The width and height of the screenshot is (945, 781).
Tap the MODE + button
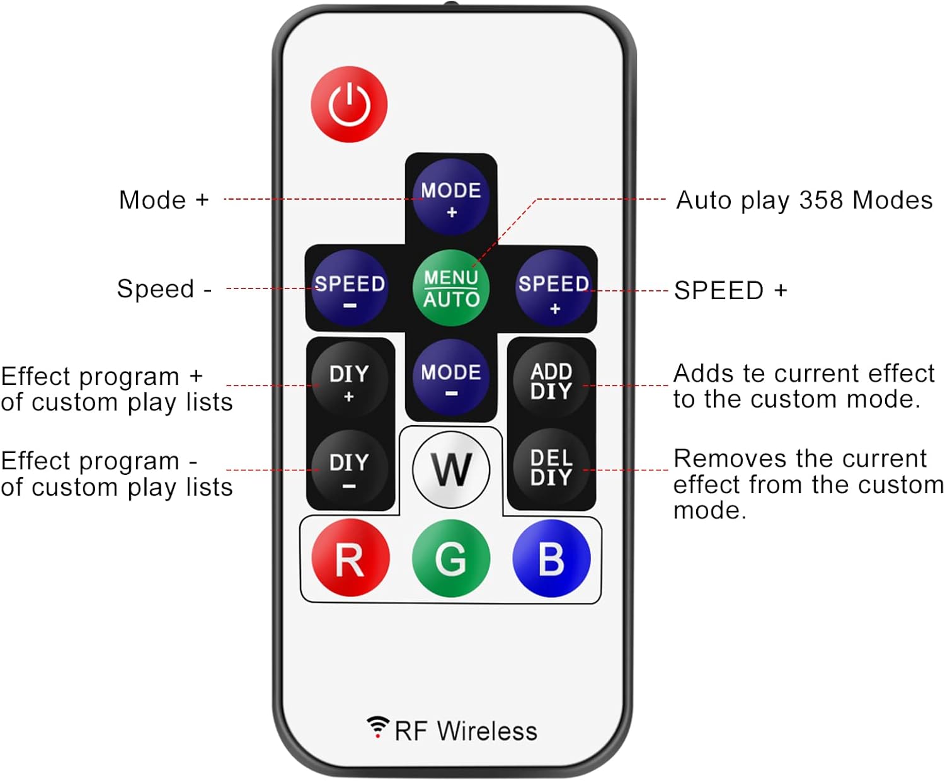click(451, 197)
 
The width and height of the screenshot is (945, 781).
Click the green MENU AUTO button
click(451, 288)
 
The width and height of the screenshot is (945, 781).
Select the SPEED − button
click(350, 288)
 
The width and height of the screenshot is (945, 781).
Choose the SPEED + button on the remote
click(554, 288)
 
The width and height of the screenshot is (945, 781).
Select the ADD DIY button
click(551, 380)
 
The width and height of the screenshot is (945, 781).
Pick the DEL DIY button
click(551, 467)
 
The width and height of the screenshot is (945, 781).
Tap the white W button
click(451, 469)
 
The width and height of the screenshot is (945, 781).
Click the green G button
click(451, 558)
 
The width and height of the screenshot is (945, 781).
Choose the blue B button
click(551, 558)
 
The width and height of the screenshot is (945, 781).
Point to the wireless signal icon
click(377, 726)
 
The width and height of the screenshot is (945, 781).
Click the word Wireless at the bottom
click(487, 731)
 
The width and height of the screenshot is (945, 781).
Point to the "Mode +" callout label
click(164, 200)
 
